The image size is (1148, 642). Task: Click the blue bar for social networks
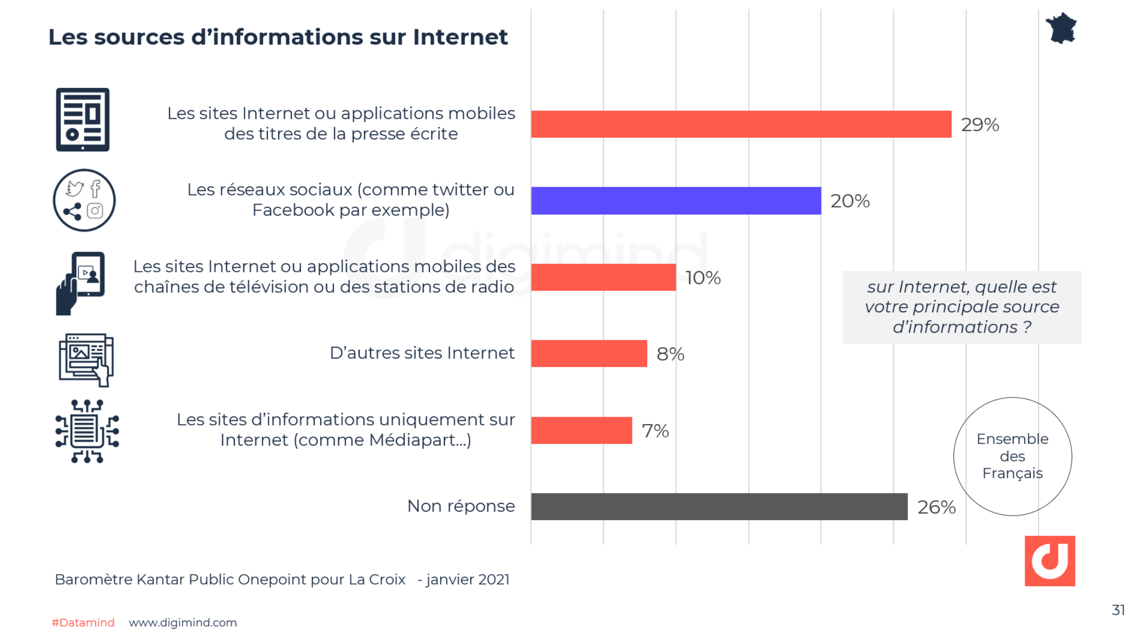tap(676, 201)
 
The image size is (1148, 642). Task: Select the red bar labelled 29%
tap(741, 124)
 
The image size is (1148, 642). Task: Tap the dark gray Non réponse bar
tap(719, 506)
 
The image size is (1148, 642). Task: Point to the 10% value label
tap(703, 278)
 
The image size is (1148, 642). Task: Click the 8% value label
tap(670, 354)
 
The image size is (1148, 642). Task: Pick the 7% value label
tap(655, 431)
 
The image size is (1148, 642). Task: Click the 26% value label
tap(936, 507)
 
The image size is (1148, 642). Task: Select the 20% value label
tap(849, 201)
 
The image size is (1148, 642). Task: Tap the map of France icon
tap(1061, 28)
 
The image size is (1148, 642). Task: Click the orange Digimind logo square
tap(1049, 561)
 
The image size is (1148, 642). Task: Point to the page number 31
tap(1118, 610)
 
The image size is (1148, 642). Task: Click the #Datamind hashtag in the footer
tap(83, 623)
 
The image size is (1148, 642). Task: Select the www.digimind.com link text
tap(183, 623)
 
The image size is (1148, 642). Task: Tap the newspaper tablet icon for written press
tap(82, 120)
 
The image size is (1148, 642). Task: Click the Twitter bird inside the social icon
tap(75, 189)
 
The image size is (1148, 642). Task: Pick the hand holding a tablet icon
tap(80, 283)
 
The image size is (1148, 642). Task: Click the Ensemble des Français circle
tap(1012, 456)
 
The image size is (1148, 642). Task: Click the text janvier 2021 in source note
tap(467, 579)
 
